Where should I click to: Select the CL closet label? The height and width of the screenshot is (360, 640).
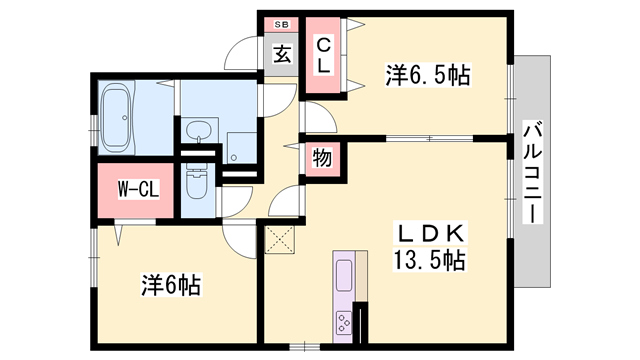(x=324, y=54)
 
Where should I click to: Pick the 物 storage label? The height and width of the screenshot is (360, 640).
(x=322, y=159)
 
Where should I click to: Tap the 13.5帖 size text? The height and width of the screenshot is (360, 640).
(x=427, y=261)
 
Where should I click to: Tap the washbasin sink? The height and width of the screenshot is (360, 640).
(x=200, y=130)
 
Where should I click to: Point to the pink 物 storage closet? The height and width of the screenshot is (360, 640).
(x=322, y=159)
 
